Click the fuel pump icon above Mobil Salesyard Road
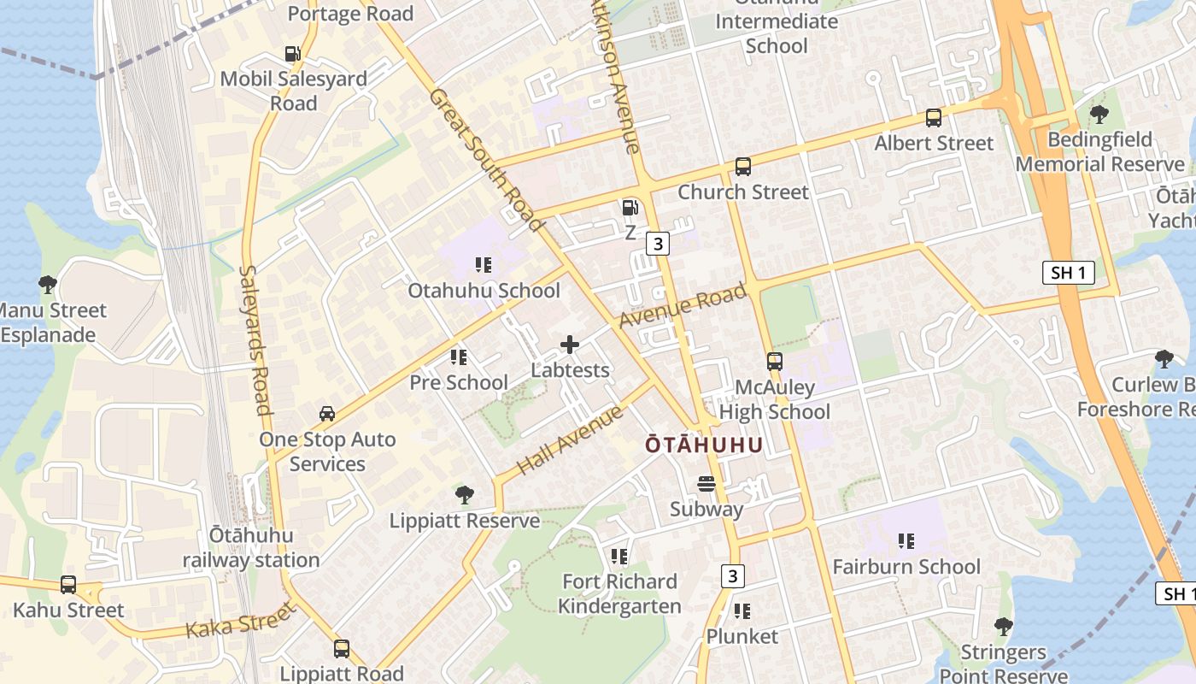(293, 54)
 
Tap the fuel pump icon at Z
(630, 207)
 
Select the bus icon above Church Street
(743, 167)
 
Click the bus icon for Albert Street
(934, 118)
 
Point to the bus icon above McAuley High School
(775, 362)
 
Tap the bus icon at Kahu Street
(68, 586)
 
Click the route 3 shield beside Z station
(657, 245)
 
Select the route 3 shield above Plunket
(732, 576)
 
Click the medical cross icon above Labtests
(570, 345)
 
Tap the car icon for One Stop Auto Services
(327, 414)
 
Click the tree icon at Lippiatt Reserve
(465, 494)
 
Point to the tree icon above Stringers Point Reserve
(1004, 627)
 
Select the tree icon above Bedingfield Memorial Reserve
(1099, 114)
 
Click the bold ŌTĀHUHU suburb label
(703, 445)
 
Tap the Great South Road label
(486, 160)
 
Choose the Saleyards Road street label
(254, 339)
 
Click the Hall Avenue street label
(571, 440)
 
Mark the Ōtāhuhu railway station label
(251, 548)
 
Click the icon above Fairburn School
(906, 540)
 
